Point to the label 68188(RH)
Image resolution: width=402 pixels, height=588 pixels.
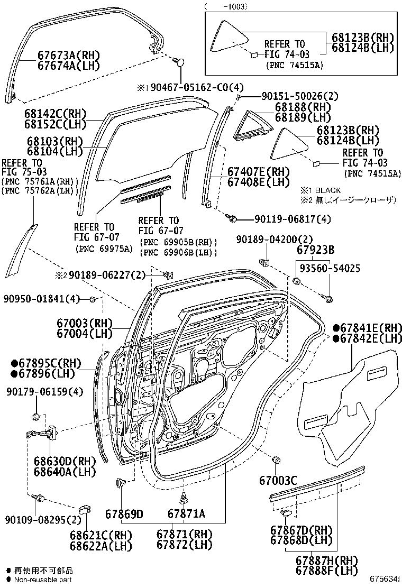pyautogui.click(x=302, y=107)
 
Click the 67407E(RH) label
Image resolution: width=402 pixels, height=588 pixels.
pyautogui.click(x=259, y=172)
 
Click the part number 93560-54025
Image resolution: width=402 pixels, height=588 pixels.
pyautogui.click(x=328, y=269)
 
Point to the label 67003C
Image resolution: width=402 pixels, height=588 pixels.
pyautogui.click(x=278, y=480)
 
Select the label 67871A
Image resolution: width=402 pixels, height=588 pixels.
pyautogui.click(x=186, y=514)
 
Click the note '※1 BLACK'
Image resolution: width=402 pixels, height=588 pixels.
pyautogui.click(x=321, y=190)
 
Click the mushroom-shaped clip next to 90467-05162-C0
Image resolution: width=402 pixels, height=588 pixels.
pyautogui.click(x=180, y=62)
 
